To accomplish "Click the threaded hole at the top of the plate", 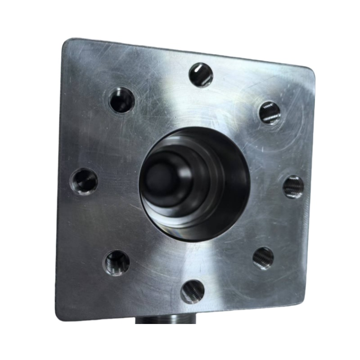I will tap(201, 75).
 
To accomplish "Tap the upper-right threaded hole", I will tap(270, 112).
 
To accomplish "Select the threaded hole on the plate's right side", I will tap(293, 187).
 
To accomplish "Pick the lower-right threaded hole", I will tap(263, 258).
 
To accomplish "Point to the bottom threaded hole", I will tap(192, 291).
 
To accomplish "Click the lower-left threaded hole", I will tap(117, 262).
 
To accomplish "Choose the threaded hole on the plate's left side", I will tap(84, 181).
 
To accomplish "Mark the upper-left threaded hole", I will tap(122, 100).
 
